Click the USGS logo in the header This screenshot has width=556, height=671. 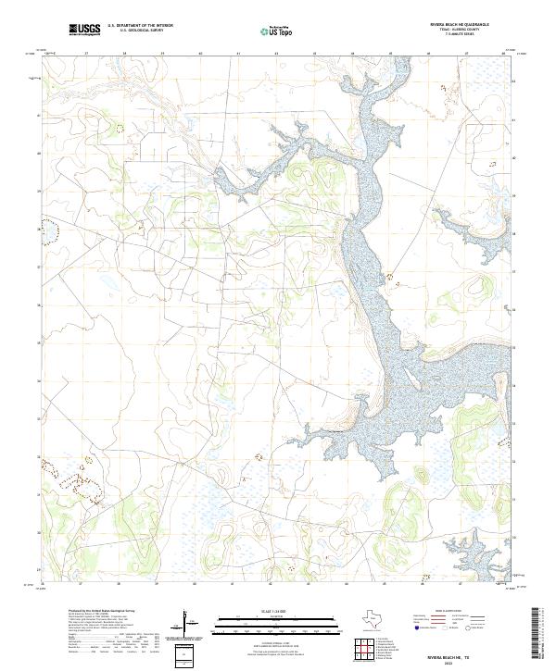[x=84, y=30]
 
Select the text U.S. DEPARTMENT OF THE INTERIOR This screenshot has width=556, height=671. [x=140, y=25]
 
